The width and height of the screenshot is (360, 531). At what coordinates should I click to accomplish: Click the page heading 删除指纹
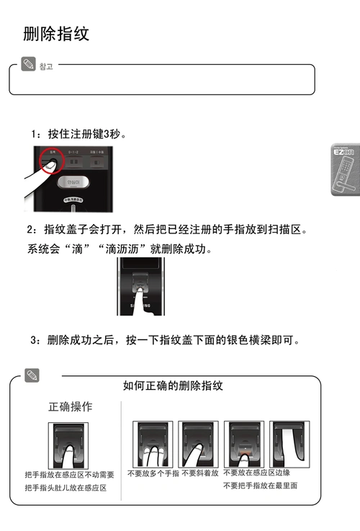click(56, 34)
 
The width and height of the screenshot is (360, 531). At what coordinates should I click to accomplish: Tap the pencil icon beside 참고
click(29, 65)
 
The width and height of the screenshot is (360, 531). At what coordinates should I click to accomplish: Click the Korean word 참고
click(46, 66)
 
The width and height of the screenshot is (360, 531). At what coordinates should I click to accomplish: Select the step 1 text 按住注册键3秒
click(79, 134)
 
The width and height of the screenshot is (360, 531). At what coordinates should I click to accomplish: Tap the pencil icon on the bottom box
click(31, 375)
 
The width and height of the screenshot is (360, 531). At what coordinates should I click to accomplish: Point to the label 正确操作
click(70, 407)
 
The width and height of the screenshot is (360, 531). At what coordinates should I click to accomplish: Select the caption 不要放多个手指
click(153, 473)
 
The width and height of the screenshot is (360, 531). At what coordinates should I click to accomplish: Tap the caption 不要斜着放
click(199, 473)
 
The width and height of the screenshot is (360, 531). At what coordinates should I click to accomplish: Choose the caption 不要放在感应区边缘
click(256, 473)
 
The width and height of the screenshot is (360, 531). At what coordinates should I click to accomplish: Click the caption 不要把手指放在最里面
click(260, 486)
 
